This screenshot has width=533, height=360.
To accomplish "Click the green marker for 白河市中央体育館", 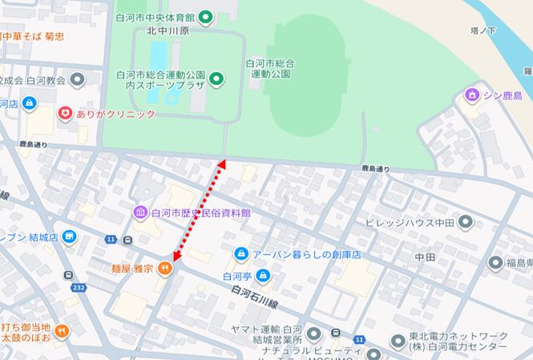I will point(205,16).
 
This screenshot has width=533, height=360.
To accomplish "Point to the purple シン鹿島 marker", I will point(471,96).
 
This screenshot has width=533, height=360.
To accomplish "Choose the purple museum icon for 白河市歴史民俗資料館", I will point(140,212).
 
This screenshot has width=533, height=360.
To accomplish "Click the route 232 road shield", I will point(79,288).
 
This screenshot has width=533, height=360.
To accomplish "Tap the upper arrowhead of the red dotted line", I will point(221,164).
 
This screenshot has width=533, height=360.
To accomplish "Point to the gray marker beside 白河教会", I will point(78,80).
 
